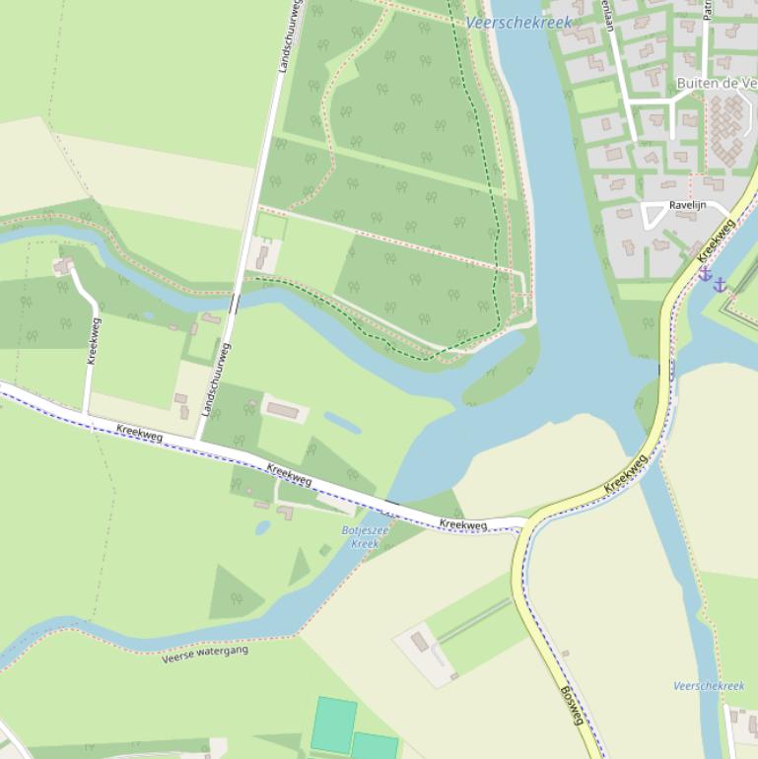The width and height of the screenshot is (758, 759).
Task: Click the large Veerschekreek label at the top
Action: (x=518, y=23)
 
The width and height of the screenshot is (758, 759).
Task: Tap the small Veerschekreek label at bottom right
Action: (x=709, y=686)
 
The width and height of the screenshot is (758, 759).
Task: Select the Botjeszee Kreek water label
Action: (x=365, y=537)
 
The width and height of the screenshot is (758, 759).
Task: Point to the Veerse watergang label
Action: (x=205, y=654)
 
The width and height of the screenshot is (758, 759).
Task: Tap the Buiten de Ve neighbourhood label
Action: (x=716, y=84)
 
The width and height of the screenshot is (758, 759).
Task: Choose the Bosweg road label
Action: (x=571, y=706)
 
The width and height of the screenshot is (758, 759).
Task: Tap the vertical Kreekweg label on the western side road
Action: (x=93, y=341)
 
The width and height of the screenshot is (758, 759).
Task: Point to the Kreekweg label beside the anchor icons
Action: (x=717, y=241)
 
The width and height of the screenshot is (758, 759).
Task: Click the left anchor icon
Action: (x=706, y=275)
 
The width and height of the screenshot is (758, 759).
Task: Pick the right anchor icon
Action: (x=721, y=285)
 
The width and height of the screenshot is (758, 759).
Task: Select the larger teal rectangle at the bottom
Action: (x=334, y=724)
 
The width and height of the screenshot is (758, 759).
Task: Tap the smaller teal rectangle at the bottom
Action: (x=375, y=746)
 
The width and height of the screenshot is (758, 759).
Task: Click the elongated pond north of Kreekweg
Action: (x=342, y=423)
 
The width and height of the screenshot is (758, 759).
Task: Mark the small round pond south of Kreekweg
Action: (x=262, y=527)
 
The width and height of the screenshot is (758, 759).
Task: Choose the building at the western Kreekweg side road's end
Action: (x=64, y=265)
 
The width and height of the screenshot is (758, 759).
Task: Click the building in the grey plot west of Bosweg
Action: (x=420, y=643)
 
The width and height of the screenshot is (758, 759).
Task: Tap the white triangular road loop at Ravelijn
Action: (x=654, y=214)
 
